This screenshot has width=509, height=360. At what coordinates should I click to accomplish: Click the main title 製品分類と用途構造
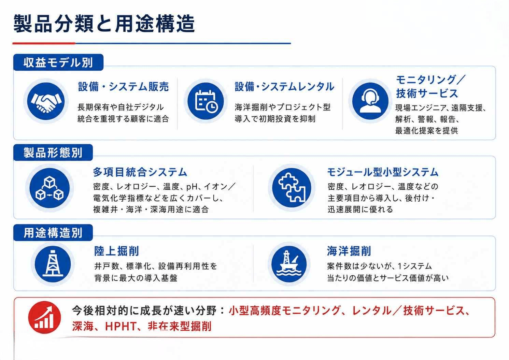pos(104,24)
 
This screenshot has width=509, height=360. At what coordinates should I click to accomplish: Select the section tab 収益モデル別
pos(58,62)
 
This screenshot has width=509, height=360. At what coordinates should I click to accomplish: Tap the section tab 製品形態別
pos(53,153)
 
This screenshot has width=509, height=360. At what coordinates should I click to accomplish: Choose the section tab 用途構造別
pos(53,233)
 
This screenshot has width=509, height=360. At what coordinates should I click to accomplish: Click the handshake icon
pos(46,101)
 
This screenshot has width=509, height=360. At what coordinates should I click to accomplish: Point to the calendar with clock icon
pos(206,101)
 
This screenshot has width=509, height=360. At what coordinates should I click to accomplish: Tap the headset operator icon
pos(371,101)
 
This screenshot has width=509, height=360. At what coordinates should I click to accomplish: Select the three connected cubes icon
pos(50,188)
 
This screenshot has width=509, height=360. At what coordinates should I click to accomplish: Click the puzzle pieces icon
pos(292,188)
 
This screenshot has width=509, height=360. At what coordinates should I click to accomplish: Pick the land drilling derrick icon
pos(53,264)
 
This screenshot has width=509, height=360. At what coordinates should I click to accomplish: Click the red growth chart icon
pos(44,317)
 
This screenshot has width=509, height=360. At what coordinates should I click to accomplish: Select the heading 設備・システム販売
pos(123,87)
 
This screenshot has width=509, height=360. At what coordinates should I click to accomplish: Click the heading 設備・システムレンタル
pos(284,87)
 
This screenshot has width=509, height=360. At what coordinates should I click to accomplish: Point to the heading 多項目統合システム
pos(140,172)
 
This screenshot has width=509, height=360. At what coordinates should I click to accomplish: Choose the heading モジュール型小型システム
pos(383,172)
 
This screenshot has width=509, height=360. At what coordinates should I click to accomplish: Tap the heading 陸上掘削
pos(116,251)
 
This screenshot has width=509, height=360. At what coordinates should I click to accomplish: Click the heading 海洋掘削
pos(349,251)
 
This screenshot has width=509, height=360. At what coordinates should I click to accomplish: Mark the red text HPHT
pos(121,326)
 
